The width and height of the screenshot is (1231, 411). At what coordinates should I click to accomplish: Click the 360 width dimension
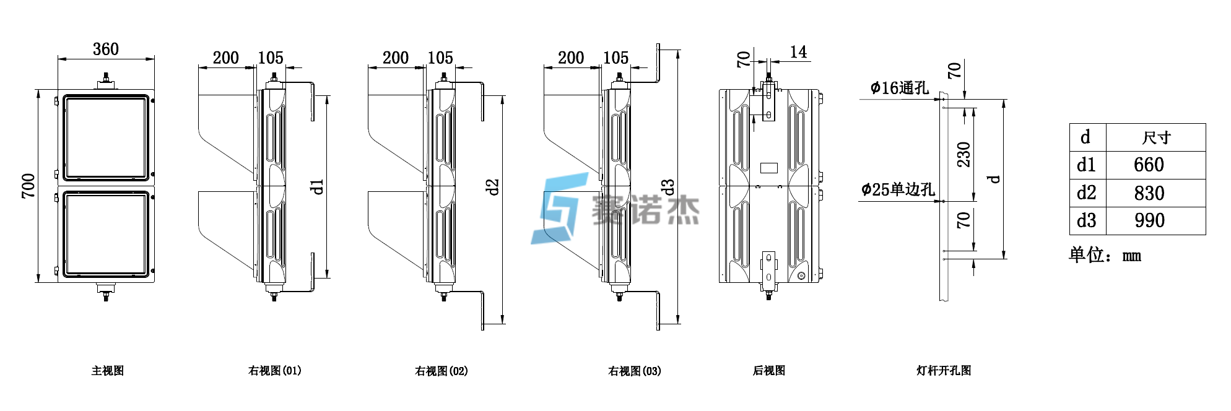pyautogui.click(x=105, y=50)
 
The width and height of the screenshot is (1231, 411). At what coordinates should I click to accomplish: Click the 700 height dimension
pyautogui.click(x=28, y=186)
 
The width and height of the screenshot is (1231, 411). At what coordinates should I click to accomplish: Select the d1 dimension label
pyautogui.click(x=317, y=186)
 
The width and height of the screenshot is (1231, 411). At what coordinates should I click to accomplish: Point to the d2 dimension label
pyautogui.click(x=492, y=187)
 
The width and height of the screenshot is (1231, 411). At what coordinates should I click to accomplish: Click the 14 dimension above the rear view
pyautogui.click(x=798, y=53)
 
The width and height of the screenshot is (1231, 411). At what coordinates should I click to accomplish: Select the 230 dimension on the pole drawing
pyautogui.click(x=963, y=155)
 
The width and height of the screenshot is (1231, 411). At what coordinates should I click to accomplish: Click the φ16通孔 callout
pyautogui.click(x=899, y=89)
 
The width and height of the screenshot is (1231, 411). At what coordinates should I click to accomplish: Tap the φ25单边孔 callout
pyautogui.click(x=897, y=189)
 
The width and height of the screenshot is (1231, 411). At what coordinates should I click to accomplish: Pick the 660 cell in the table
pyautogui.click(x=1149, y=165)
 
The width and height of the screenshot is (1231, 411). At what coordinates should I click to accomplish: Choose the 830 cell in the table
pyautogui.click(x=1149, y=193)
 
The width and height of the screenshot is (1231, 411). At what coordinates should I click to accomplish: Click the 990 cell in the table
pyautogui.click(x=1149, y=221)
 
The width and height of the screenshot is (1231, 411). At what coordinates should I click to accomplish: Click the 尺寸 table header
pyautogui.click(x=1155, y=137)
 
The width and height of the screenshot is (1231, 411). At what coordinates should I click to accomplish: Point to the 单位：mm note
pyautogui.click(x=1105, y=255)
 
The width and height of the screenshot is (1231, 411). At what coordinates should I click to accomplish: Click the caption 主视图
pyautogui.click(x=108, y=371)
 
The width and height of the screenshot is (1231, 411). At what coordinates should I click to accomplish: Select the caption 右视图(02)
pyautogui.click(x=441, y=371)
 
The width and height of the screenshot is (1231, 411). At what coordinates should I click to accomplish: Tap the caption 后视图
pyautogui.click(x=768, y=371)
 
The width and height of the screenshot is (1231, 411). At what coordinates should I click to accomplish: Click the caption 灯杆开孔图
pyautogui.click(x=944, y=371)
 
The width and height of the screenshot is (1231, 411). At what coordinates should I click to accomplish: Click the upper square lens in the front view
pyautogui.click(x=106, y=137)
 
